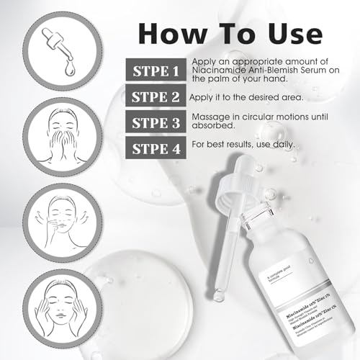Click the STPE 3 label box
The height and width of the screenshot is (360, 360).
point(156,122)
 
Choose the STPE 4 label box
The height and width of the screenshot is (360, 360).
point(155,148)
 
